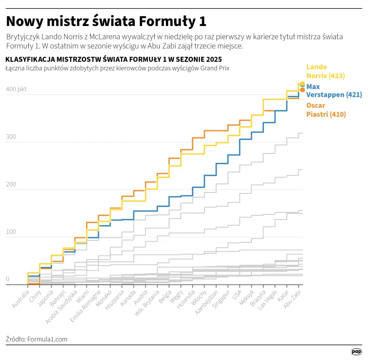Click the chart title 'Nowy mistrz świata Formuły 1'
[106, 21]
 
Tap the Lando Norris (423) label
[325, 71]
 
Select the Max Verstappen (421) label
[334, 91]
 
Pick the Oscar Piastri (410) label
[326, 110]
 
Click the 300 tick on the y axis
[11, 137]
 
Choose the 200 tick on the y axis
[11, 184]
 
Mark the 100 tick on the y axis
[11, 232]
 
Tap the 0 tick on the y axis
[8, 279]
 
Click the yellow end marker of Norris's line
[302, 84]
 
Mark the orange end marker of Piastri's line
[302, 90]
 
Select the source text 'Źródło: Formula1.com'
[37, 339]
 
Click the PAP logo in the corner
[356, 352]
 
